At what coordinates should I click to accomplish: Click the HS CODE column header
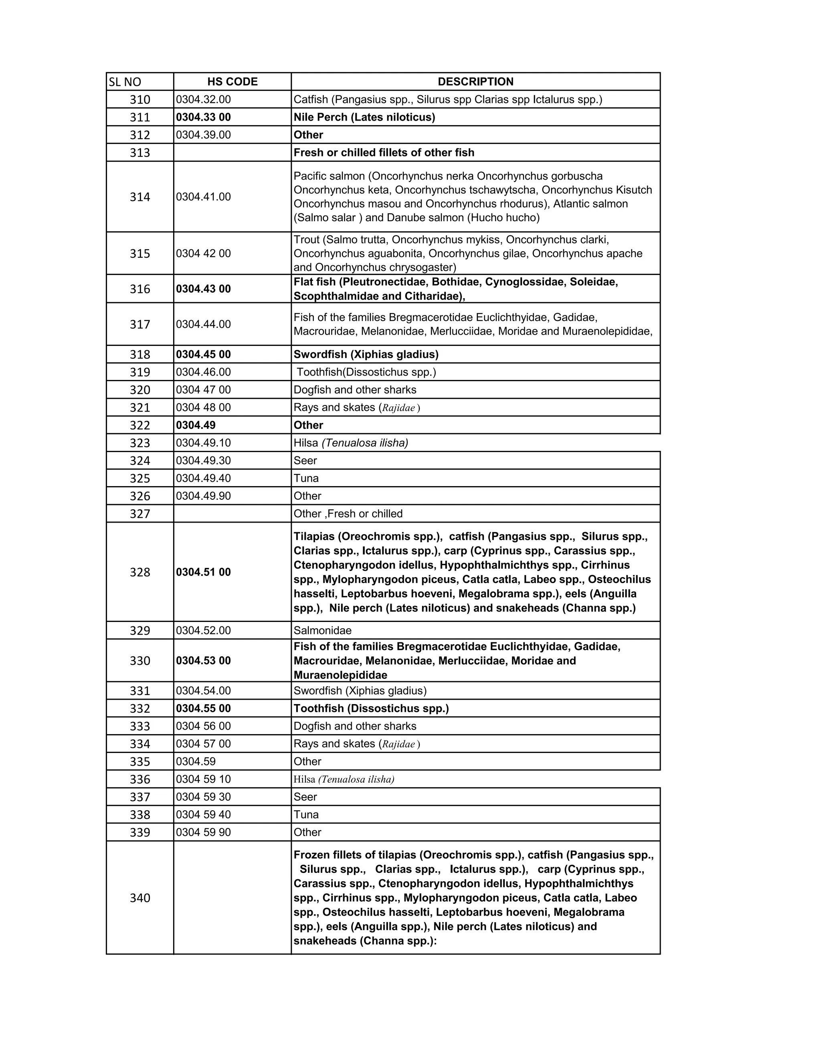(232, 82)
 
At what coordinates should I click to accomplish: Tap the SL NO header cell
(125, 82)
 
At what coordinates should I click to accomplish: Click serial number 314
(140, 197)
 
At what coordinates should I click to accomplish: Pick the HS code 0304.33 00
(203, 117)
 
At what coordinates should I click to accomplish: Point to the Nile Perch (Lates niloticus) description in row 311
(364, 117)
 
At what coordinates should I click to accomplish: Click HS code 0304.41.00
(203, 197)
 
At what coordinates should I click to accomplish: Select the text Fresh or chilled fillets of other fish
(384, 153)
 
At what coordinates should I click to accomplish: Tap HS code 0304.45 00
(203, 355)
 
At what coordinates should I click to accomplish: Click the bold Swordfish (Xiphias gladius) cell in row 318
(366, 355)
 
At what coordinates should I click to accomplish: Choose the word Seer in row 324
(305, 460)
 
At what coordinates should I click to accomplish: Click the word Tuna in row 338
(306, 814)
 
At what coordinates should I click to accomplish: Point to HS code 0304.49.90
(203, 496)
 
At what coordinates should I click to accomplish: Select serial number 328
(140, 572)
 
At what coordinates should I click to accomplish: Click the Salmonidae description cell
(322, 631)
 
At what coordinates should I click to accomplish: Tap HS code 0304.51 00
(203, 572)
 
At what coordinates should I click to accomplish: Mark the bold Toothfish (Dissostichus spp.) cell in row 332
(371, 709)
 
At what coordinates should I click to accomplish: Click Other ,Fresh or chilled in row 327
(348, 514)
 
